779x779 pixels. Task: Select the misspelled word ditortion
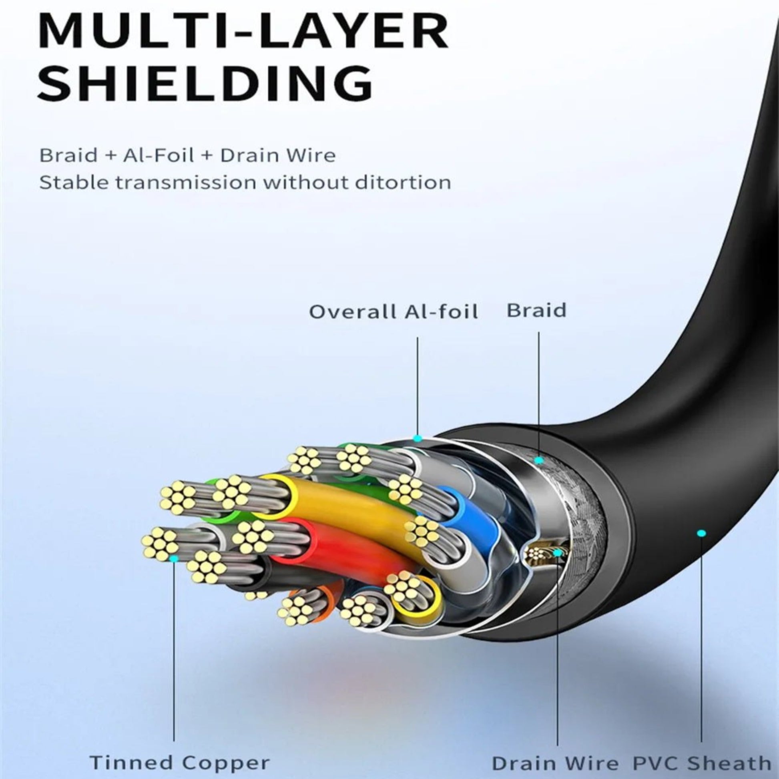403,183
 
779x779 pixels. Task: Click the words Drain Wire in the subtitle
278,156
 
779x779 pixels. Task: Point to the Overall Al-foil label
393,312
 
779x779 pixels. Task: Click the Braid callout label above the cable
536,311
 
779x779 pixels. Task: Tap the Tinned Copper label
180,751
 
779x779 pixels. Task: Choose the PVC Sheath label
702,752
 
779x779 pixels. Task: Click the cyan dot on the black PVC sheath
702,534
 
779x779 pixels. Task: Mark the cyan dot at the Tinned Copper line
174,558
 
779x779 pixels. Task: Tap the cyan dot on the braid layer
539,460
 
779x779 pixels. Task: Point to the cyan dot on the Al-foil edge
418,438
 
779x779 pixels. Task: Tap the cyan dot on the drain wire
557,553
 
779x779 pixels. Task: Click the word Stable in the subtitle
73,183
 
